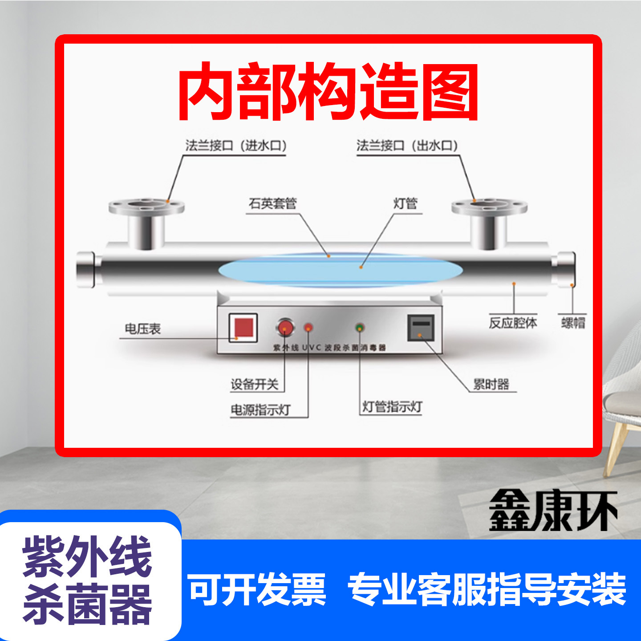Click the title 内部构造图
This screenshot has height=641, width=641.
[329, 91]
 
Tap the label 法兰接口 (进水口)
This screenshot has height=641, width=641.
[236, 146]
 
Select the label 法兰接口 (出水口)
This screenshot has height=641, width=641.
[407, 146]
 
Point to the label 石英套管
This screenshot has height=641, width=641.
[272, 203]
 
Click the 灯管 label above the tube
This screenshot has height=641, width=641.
[405, 203]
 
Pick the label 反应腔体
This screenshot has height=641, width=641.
[513, 323]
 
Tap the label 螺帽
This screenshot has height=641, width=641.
[573, 323]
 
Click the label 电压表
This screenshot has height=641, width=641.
[143, 329]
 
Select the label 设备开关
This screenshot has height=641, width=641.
[255, 385]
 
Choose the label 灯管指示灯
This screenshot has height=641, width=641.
[392, 406]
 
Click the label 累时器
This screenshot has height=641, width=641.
[491, 384]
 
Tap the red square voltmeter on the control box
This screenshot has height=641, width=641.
[243, 328]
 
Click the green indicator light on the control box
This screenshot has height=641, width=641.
[360, 328]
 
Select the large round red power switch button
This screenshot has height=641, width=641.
[285, 327]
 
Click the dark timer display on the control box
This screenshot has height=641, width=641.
[421, 328]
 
